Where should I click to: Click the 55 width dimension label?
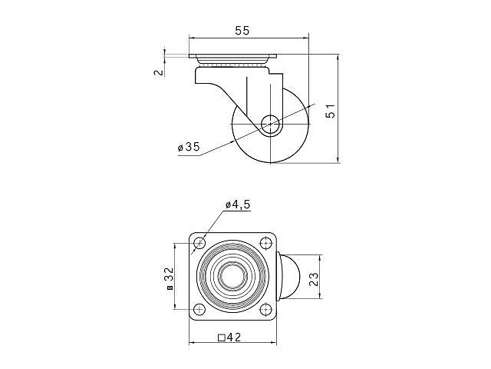(x=242, y=31)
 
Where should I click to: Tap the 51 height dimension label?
(x=331, y=111)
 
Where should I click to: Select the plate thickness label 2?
(x=160, y=72)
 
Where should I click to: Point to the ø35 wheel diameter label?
(x=189, y=147)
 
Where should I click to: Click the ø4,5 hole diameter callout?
(x=238, y=205)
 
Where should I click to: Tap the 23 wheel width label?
(x=314, y=279)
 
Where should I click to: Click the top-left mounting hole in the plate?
(x=199, y=243)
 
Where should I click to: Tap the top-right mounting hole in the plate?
(x=266, y=243)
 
